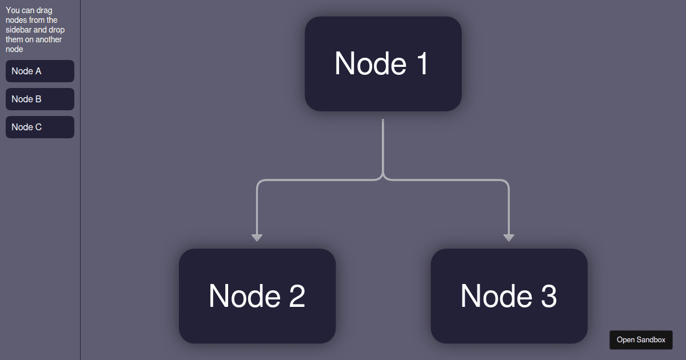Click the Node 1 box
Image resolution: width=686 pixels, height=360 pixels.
[x=383, y=63]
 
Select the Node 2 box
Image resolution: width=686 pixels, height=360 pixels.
[x=257, y=296]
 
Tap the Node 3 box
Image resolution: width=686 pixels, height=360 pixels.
[x=509, y=296]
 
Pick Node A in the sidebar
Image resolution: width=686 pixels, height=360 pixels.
[x=40, y=71]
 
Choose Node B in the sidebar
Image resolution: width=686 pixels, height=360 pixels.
[x=40, y=99]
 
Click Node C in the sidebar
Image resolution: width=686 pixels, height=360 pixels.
[x=40, y=127]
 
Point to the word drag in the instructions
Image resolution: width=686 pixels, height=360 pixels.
[x=45, y=10]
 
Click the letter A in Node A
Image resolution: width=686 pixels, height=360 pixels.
[x=38, y=71]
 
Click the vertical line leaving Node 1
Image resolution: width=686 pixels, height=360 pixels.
[x=383, y=143]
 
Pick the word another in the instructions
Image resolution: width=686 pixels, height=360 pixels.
[x=48, y=39]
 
